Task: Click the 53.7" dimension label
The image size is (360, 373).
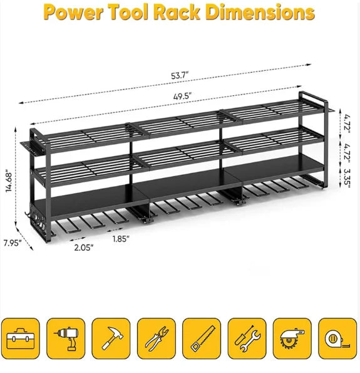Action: (x=180, y=76)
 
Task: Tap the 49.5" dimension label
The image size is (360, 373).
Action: (x=182, y=97)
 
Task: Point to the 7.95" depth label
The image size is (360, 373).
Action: (x=13, y=243)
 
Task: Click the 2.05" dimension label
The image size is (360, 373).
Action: (x=84, y=248)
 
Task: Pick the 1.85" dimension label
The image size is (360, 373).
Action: (x=121, y=239)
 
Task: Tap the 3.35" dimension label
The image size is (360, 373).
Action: (x=347, y=178)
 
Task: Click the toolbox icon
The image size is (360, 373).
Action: (x=21, y=339)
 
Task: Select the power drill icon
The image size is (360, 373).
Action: (x=66, y=339)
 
